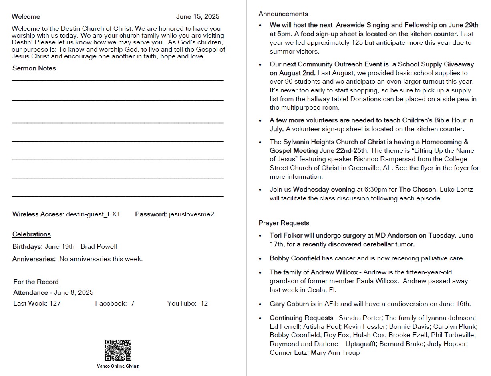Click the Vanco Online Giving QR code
pyautogui.click(x=118, y=350)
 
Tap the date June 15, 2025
pyautogui.click(x=198, y=17)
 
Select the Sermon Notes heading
pyautogui.click(x=34, y=68)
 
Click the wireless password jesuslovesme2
pyautogui.click(x=191, y=214)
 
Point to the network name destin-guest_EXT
pyautogui.click(x=93, y=214)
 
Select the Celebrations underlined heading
pyautogui.click(x=32, y=234)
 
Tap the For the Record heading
pyautogui.click(x=36, y=282)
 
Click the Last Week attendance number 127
pyautogui.click(x=55, y=303)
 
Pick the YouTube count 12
pyautogui.click(x=204, y=303)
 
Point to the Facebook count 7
pyautogui.click(x=132, y=303)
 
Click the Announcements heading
pyautogui.click(x=283, y=14)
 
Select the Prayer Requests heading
pyautogui.click(x=284, y=223)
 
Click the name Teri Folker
pyautogui.click(x=286, y=236)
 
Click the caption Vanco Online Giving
pyautogui.click(x=118, y=366)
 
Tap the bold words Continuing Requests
pyautogui.click(x=301, y=318)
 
